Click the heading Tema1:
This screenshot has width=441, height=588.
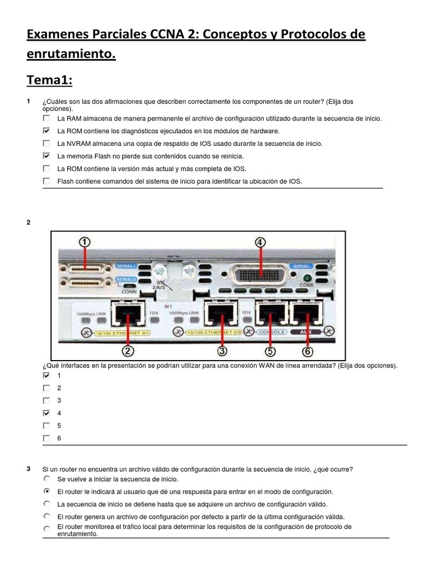click(x=49, y=80)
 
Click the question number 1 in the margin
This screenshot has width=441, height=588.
click(x=28, y=102)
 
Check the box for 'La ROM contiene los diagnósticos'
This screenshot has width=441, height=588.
click(x=47, y=131)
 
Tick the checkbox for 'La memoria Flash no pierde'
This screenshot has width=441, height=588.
click(x=47, y=156)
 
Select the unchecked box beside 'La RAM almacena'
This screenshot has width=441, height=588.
click(x=47, y=118)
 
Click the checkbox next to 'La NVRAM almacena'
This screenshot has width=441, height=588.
click(x=47, y=144)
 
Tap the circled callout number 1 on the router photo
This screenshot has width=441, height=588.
click(x=85, y=243)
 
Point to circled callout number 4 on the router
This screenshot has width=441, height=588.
click(x=261, y=242)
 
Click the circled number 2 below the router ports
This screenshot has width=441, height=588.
click(x=128, y=350)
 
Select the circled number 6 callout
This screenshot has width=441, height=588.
click(x=308, y=350)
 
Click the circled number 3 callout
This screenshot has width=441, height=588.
click(x=222, y=350)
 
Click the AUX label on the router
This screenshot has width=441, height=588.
click(x=304, y=332)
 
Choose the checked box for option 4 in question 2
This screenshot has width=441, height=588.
click(x=47, y=413)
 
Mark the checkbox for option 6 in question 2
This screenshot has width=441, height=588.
click(x=47, y=439)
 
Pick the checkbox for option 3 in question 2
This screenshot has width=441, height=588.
click(x=47, y=401)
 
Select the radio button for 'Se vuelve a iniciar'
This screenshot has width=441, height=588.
click(x=47, y=478)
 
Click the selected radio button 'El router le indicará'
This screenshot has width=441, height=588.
click(x=47, y=492)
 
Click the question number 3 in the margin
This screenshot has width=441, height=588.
click(x=28, y=469)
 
